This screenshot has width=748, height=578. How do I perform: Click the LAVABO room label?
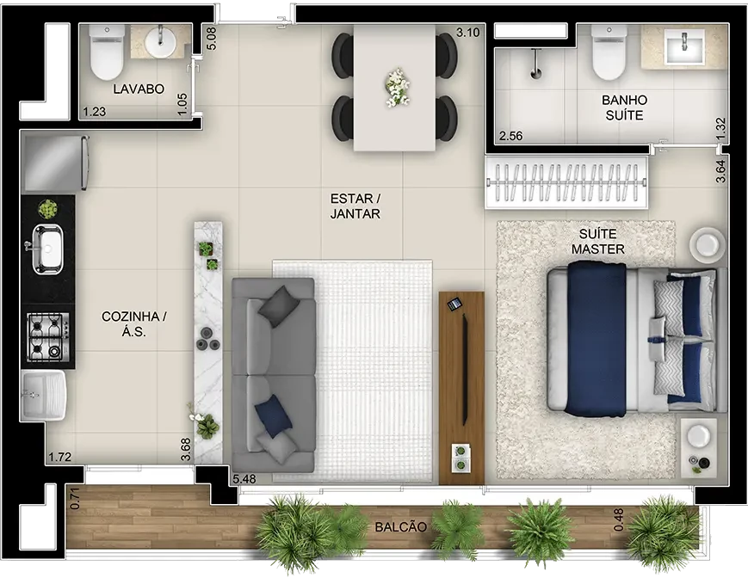click(139, 89)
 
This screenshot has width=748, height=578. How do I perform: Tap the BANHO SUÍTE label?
click(624, 108)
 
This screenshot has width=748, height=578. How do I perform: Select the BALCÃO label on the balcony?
click(401, 527)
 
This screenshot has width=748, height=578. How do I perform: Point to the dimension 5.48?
click(244, 479)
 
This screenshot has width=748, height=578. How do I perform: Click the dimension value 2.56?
click(511, 136)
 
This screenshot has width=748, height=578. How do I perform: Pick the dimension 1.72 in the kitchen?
click(59, 458)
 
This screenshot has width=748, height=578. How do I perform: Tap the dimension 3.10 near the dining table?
click(468, 33)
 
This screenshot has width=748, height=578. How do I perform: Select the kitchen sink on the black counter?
click(46, 249)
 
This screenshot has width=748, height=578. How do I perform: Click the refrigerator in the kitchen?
click(55, 163)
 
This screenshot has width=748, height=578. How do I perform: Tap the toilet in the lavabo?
click(107, 52)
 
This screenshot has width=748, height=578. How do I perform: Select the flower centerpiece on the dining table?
click(397, 88)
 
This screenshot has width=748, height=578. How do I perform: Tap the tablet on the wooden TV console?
click(454, 304)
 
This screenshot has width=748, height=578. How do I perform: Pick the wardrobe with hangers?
click(566, 182)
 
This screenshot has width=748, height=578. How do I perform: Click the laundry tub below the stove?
click(43, 396)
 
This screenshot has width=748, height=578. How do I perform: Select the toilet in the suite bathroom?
click(609, 52)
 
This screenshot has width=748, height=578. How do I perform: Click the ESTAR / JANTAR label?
click(355, 206)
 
